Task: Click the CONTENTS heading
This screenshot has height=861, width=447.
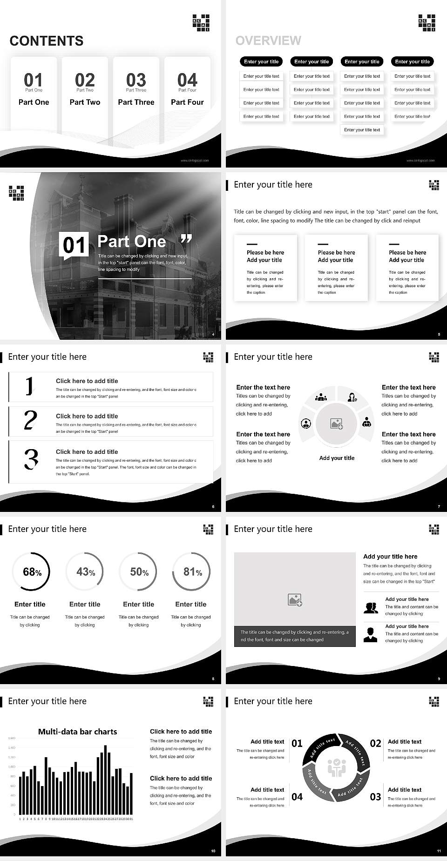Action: pyautogui.click(x=47, y=41)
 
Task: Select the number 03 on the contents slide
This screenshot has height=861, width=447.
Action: pyautogui.click(x=136, y=80)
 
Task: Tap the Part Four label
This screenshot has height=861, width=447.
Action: pyautogui.click(x=187, y=102)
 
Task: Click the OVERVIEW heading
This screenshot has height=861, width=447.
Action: pyautogui.click(x=268, y=41)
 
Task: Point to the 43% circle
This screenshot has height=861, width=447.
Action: pyautogui.click(x=85, y=572)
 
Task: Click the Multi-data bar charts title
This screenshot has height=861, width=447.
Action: pyautogui.click(x=77, y=732)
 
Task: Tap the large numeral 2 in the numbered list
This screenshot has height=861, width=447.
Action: pyautogui.click(x=30, y=420)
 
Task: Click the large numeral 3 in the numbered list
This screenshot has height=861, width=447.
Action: pyautogui.click(x=31, y=459)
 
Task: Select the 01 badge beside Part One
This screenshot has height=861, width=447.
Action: pyautogui.click(x=74, y=245)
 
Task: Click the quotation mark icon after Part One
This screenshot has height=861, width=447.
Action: pyautogui.click(x=186, y=239)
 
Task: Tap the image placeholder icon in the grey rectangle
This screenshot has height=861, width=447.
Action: pyautogui.click(x=295, y=600)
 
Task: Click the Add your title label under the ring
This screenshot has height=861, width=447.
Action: pyautogui.click(x=337, y=458)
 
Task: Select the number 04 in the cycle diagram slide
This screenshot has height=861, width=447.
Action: pyautogui.click(x=297, y=797)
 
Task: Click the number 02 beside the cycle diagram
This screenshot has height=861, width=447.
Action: pyautogui.click(x=375, y=743)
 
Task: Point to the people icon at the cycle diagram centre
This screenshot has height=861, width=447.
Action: pyautogui.click(x=336, y=768)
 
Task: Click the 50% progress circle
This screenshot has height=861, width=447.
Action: pyautogui.click(x=138, y=572)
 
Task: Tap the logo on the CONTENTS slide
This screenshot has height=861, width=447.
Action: pyautogui.click(x=201, y=23)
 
